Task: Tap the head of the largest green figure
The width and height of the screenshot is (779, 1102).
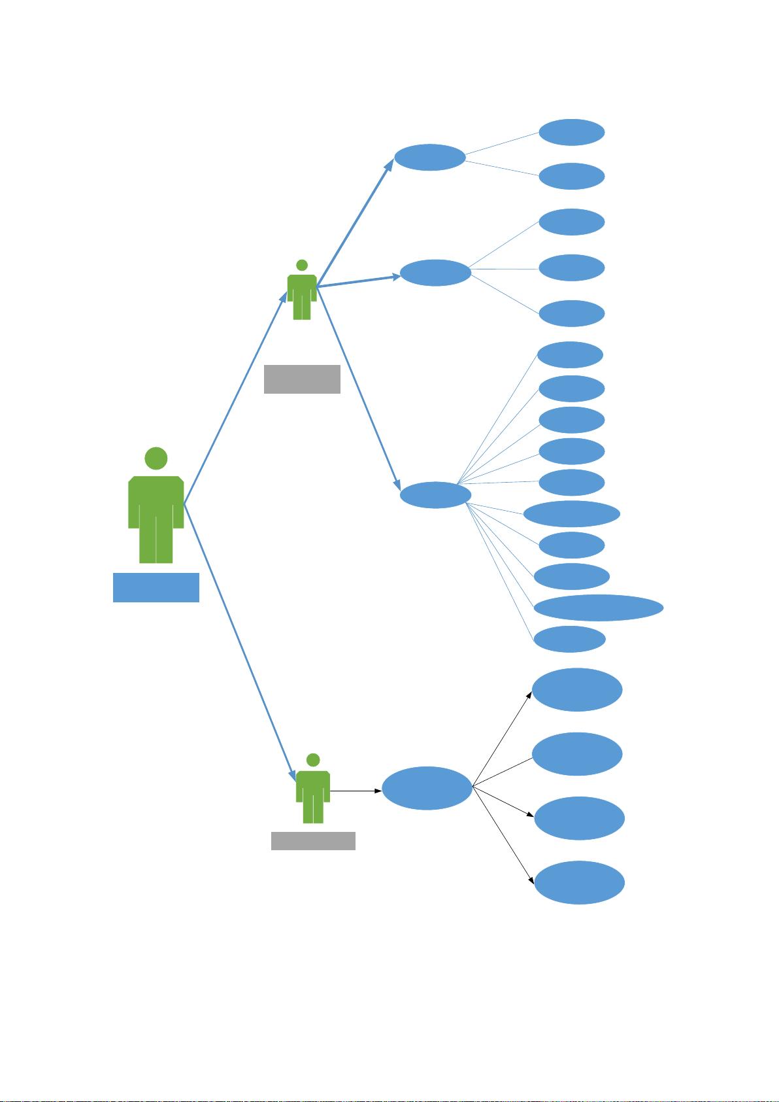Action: (156, 458)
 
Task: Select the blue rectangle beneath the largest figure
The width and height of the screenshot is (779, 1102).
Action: (156, 587)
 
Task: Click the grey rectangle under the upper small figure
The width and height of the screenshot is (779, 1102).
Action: (302, 379)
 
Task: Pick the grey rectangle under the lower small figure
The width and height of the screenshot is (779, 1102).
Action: (313, 840)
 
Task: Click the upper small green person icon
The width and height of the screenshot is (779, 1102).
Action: (302, 294)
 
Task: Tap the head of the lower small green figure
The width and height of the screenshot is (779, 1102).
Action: (313, 760)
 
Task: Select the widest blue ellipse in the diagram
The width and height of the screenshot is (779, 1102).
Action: (599, 608)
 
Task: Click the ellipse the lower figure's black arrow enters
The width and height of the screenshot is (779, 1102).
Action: (427, 788)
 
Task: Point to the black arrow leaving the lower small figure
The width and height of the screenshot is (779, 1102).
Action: (356, 791)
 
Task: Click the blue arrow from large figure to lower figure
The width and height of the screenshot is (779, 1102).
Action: (239, 641)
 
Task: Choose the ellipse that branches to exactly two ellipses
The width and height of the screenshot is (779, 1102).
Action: (430, 158)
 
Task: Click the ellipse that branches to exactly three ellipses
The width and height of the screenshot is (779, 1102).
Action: (435, 273)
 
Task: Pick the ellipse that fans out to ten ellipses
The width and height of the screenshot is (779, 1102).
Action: (435, 494)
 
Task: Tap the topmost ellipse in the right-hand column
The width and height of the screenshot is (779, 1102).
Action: (571, 132)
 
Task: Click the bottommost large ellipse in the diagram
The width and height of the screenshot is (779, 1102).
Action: (579, 883)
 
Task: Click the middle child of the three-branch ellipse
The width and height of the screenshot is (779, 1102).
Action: (572, 267)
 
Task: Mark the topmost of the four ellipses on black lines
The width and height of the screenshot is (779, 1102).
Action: (576, 689)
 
